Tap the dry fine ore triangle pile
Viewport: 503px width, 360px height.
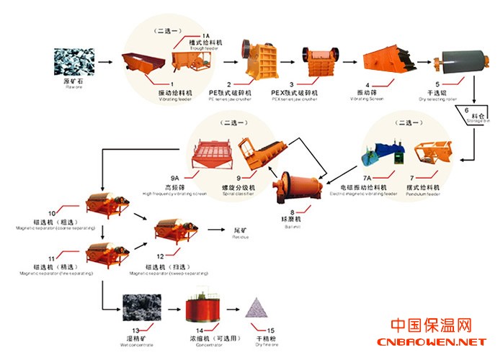tap(257, 309)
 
